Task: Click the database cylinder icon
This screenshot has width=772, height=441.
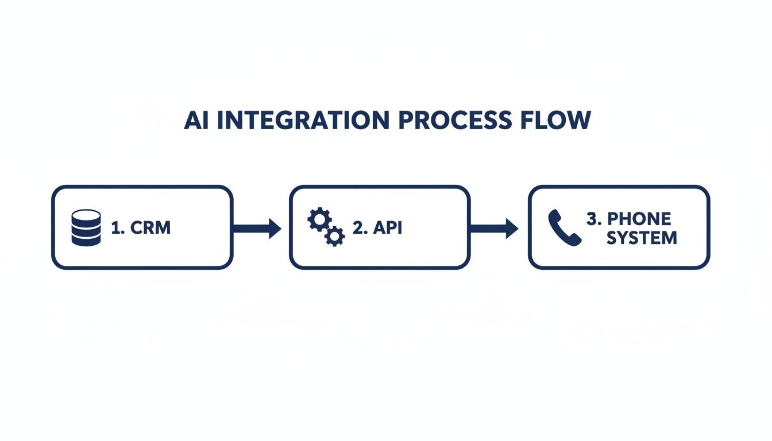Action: (86, 228)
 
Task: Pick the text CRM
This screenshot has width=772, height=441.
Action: (151, 228)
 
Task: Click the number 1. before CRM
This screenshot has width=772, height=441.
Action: (118, 228)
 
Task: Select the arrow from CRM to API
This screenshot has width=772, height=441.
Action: (256, 228)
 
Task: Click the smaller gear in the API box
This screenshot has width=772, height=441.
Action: (334, 236)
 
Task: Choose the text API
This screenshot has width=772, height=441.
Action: (388, 228)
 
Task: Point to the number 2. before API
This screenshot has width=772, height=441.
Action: (360, 228)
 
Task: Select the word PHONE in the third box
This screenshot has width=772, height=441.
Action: (639, 219)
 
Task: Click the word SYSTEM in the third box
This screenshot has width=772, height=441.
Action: (642, 237)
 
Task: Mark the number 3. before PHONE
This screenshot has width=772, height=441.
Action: (593, 219)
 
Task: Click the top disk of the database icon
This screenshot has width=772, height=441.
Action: (86, 216)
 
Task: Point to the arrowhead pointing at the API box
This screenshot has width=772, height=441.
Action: (275, 228)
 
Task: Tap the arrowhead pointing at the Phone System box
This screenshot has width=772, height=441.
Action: (512, 228)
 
